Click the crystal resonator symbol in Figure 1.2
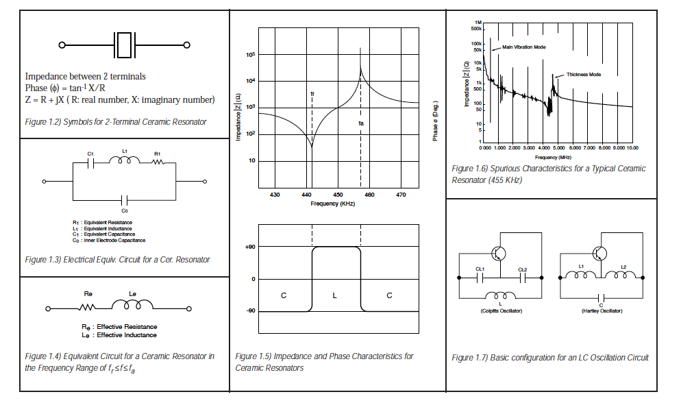click(125, 45)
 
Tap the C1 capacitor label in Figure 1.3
click(92, 154)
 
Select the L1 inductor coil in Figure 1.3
click(125, 162)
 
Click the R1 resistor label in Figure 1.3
click(157, 154)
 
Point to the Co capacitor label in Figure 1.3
click(125, 210)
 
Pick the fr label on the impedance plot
click(312, 93)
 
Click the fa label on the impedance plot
click(361, 123)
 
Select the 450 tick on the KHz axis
click(338, 195)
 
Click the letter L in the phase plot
click(334, 295)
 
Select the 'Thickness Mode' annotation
click(584, 74)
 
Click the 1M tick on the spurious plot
click(478, 22)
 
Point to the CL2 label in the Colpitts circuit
click(523, 269)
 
